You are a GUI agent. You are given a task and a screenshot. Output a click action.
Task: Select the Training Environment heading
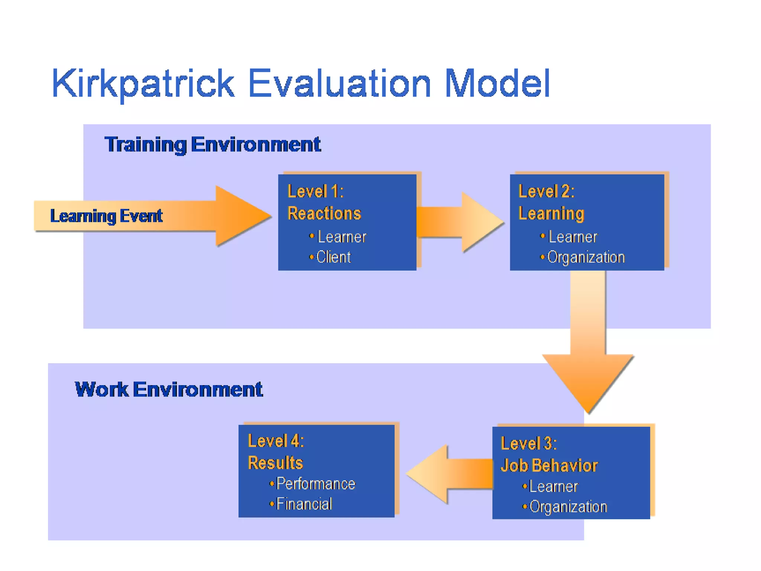click(213, 145)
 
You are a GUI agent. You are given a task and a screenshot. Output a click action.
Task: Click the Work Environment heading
click(169, 390)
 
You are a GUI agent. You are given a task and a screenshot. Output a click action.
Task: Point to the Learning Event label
click(106, 216)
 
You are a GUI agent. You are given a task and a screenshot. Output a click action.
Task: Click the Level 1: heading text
click(315, 191)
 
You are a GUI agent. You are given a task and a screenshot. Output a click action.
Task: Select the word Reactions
click(324, 213)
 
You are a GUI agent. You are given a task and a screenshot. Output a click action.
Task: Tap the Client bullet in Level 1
click(333, 257)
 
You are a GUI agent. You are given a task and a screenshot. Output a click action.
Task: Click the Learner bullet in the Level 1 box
click(341, 237)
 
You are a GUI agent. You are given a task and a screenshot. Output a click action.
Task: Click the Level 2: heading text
click(546, 191)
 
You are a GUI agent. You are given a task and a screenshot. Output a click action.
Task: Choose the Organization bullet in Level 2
click(586, 257)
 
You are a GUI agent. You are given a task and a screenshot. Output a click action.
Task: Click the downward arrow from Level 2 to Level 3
click(588, 346)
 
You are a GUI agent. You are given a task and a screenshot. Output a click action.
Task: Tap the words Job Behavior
click(549, 465)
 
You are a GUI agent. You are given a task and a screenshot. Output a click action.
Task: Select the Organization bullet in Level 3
click(568, 507)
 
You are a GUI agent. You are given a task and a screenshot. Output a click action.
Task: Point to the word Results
click(275, 463)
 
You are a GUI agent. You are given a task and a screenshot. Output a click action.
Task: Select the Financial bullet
click(304, 504)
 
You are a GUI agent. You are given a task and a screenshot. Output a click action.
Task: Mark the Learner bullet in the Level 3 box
click(553, 487)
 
